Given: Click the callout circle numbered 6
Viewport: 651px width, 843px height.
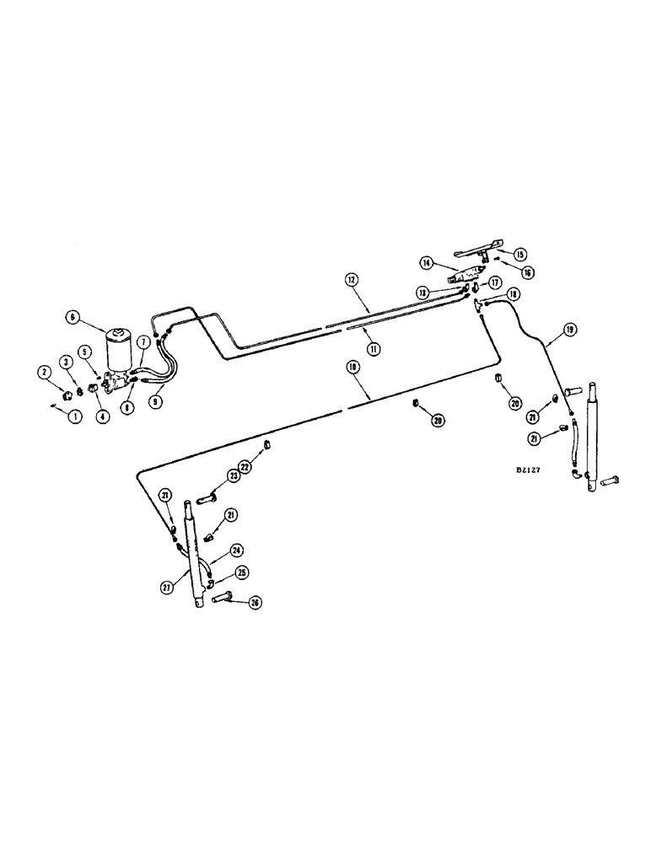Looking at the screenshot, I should pyautogui.click(x=73, y=317).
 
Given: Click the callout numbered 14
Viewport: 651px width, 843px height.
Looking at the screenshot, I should pyautogui.click(x=428, y=263).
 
